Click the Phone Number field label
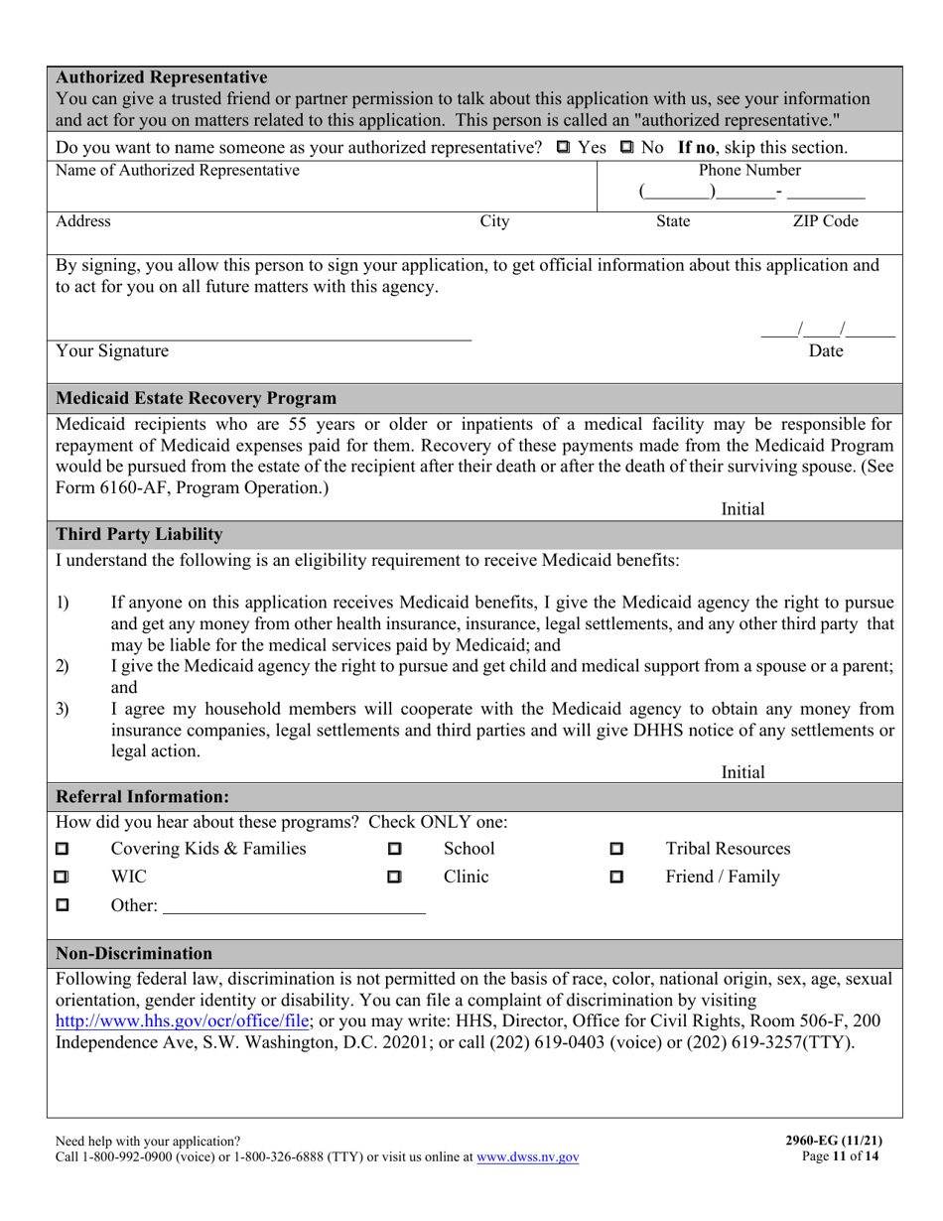(x=749, y=171)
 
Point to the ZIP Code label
(x=825, y=221)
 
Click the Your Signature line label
(x=112, y=351)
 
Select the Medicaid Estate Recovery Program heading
(x=196, y=399)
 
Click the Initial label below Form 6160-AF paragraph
(x=742, y=509)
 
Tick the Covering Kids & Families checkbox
(x=63, y=850)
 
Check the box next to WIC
(x=63, y=878)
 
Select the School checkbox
(x=394, y=850)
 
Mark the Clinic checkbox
(x=394, y=878)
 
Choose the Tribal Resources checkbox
(x=616, y=850)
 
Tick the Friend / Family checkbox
(x=616, y=878)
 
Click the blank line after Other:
(x=293, y=905)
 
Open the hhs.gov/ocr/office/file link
(x=184, y=1020)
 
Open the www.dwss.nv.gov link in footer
(x=528, y=1157)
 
